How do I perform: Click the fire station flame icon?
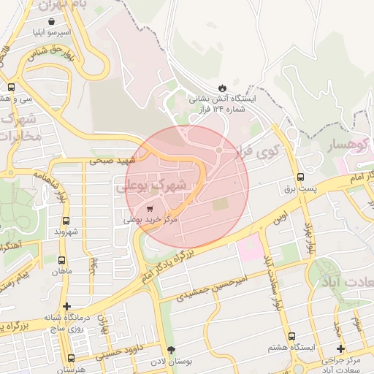(222, 87)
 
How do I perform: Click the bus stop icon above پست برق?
(300, 178)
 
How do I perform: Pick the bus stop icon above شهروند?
(66, 221)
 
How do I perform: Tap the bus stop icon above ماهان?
(61, 259)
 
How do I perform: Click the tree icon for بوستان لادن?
(172, 351)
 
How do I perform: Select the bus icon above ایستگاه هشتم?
(291, 337)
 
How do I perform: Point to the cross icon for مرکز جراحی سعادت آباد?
(341, 349)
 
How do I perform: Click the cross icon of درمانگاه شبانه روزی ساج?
(67, 306)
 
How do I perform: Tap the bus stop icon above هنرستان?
(71, 358)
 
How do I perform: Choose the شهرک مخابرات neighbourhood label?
(20, 127)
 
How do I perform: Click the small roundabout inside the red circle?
(219, 150)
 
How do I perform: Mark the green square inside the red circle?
(220, 205)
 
